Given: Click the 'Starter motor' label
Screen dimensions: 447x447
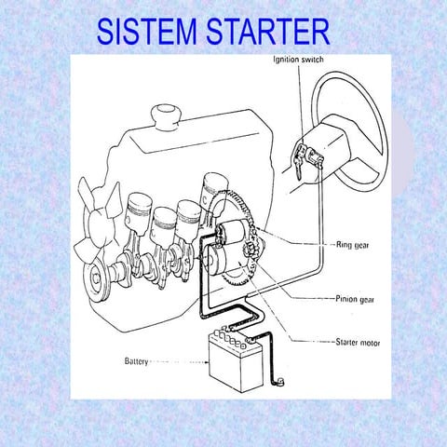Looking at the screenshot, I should coord(359,343).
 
